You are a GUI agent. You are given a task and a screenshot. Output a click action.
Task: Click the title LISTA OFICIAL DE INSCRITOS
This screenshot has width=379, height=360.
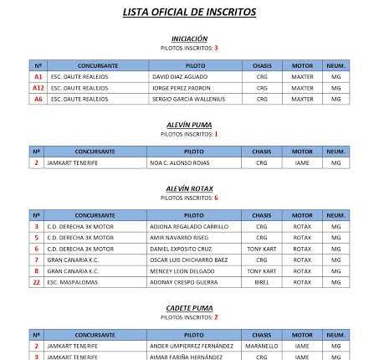189,13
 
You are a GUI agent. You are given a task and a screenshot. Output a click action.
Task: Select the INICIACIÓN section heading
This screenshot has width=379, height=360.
189,39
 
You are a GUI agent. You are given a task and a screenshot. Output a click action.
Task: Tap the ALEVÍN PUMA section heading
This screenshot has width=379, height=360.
189,124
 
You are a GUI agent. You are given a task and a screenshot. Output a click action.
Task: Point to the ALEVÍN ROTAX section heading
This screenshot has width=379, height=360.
189,188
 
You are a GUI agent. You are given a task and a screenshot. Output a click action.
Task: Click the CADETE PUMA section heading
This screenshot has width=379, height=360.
189,309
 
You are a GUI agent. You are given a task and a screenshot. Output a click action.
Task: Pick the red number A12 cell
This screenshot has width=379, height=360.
38,88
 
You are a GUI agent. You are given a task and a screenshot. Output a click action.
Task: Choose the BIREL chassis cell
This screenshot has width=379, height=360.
262,283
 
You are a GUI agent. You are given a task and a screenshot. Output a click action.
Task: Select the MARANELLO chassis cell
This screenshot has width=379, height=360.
262,346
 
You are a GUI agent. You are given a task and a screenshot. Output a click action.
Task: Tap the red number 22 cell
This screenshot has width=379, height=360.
36,283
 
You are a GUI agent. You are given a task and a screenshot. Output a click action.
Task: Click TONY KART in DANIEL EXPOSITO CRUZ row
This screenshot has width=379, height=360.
262,249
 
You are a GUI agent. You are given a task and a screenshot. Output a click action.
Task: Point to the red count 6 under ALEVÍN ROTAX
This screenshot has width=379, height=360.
216,198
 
